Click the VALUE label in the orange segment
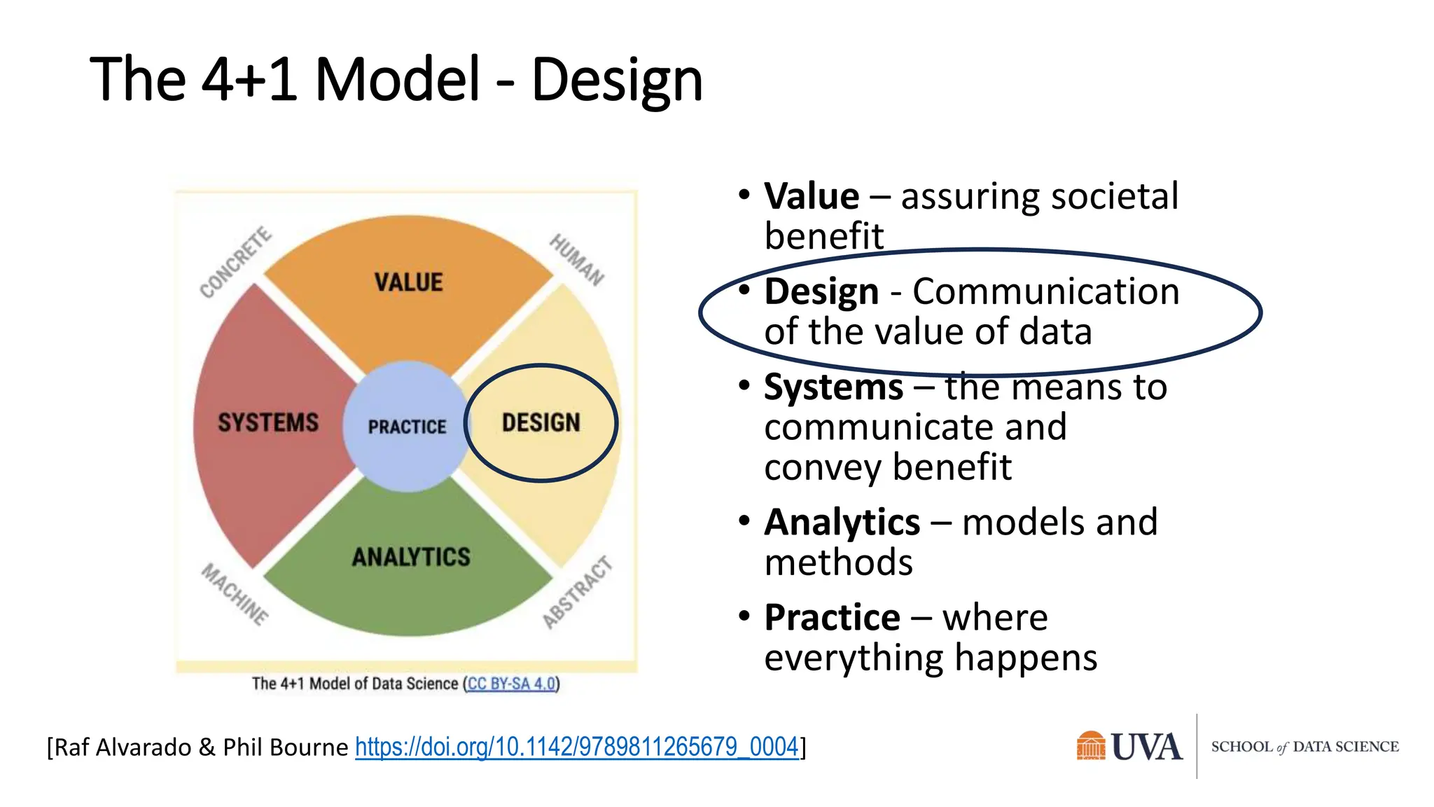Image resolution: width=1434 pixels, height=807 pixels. click(408, 282)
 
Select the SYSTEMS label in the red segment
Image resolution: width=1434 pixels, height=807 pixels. click(267, 422)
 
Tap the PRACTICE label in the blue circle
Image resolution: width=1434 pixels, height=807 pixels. click(407, 427)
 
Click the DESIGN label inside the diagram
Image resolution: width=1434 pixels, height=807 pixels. click(541, 422)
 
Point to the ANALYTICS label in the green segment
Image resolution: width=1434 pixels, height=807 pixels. click(411, 557)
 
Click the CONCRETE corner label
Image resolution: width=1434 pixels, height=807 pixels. click(235, 262)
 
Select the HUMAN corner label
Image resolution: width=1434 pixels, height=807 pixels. click(576, 259)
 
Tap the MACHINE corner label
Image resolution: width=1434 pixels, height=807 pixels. click(235, 593)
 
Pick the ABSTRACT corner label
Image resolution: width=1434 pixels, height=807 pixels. click(578, 592)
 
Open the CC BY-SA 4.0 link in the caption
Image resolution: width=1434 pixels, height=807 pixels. click(511, 684)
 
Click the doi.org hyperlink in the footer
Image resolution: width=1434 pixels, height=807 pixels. click(576, 747)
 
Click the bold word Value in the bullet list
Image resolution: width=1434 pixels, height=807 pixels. click(812, 196)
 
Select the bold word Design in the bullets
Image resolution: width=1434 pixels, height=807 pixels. click(821, 291)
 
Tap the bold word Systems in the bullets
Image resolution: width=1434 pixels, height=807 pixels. click(833, 387)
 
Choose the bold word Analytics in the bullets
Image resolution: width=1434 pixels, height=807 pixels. click(842, 523)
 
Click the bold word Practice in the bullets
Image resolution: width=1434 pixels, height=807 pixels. click(832, 618)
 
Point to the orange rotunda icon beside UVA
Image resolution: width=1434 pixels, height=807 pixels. click(1090, 746)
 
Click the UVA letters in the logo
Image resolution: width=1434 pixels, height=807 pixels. click(1146, 747)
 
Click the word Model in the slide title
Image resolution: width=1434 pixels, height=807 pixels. click(397, 79)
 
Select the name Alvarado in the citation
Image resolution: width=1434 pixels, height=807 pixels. click(143, 747)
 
